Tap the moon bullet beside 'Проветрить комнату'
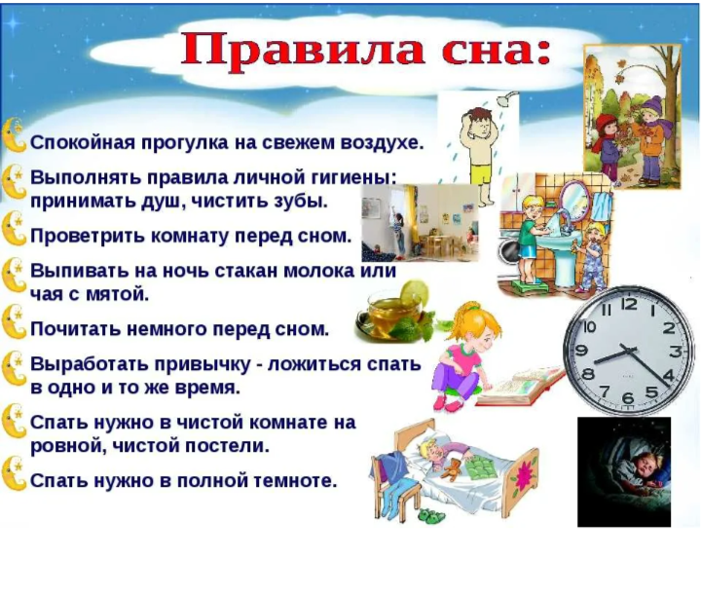[14, 229]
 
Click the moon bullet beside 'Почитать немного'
[14, 322]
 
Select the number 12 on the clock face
[629, 304]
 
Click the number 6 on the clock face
[629, 397]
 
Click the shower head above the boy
[506, 98]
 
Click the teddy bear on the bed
[454, 469]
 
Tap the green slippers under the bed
[432, 515]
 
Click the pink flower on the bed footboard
[522, 475]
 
